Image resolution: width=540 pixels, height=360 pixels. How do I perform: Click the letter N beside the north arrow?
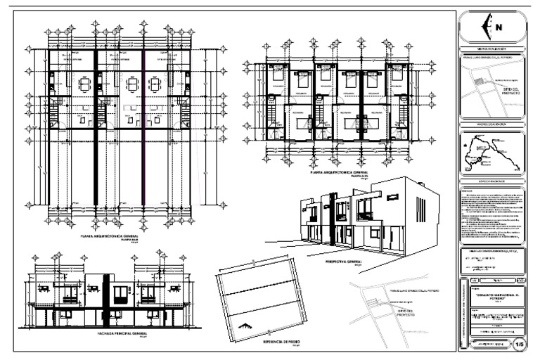pos(499,28)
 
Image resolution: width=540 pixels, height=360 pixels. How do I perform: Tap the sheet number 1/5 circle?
pos(520,344)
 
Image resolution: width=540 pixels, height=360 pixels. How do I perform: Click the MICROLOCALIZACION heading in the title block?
pos(491,47)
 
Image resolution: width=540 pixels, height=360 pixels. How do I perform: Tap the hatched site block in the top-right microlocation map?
pos(478,82)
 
